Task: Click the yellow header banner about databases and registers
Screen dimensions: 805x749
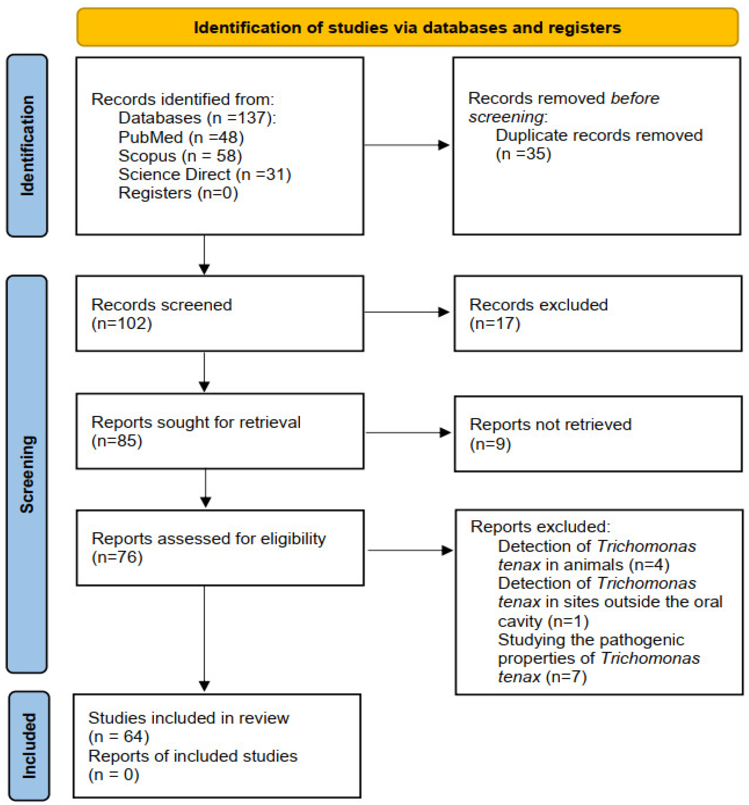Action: click(x=407, y=27)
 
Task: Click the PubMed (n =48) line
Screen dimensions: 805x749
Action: click(x=181, y=137)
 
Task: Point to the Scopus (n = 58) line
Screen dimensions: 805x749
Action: click(x=180, y=156)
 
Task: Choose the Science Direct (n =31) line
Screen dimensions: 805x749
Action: click(x=204, y=175)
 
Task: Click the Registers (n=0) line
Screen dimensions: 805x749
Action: click(x=178, y=193)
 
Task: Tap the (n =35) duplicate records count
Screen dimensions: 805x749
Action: click(x=523, y=154)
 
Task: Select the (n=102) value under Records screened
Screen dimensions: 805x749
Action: click(x=121, y=324)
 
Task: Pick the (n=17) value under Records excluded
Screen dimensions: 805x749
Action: click(x=495, y=324)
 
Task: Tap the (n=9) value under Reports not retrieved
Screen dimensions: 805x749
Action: click(x=490, y=444)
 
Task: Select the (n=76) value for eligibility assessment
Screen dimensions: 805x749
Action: click(x=117, y=558)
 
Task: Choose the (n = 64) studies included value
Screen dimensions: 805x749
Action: click(x=119, y=737)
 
